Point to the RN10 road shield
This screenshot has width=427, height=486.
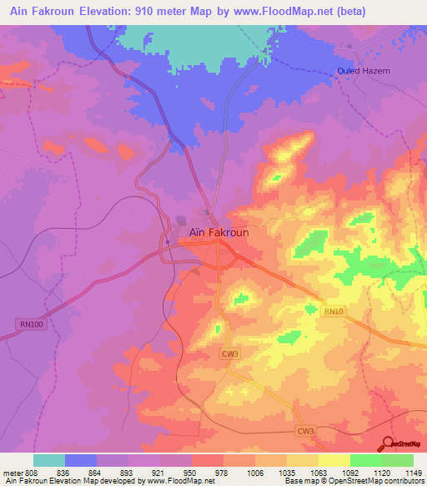click(333, 311)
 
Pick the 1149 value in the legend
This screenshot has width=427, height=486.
click(414, 472)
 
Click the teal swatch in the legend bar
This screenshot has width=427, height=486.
click(49, 460)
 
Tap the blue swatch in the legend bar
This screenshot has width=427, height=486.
click(81, 460)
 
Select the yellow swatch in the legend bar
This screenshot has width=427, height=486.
click(334, 460)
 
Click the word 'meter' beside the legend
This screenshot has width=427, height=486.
click(11, 472)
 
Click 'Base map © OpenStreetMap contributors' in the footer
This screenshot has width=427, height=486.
click(353, 481)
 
